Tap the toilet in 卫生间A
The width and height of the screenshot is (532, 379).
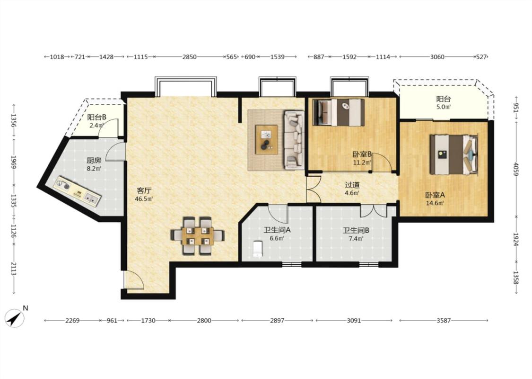pos(258,249)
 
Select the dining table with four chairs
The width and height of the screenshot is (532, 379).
pos(197,235)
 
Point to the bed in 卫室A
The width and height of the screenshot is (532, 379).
pos(454,154)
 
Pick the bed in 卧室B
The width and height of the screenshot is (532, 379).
pos(339,112)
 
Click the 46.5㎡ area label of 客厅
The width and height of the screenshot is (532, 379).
pos(144,199)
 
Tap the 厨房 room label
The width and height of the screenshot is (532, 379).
pos(94,161)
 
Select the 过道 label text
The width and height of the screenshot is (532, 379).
pos(352,185)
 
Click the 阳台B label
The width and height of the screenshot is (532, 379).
pos(96,117)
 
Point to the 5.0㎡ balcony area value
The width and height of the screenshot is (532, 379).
pos(444,107)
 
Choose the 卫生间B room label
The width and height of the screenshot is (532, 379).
pos(356,230)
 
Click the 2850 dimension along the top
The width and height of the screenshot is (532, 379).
pos(189,57)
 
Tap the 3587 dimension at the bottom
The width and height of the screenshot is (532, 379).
pos(444,320)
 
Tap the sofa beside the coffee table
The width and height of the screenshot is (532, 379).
pos(294,140)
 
